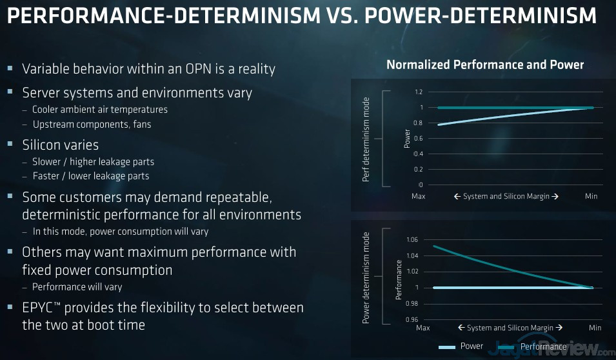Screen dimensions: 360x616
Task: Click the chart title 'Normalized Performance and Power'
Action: pos(484,65)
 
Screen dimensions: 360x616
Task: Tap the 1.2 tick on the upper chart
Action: pos(419,92)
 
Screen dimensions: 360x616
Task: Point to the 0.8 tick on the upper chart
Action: pos(419,123)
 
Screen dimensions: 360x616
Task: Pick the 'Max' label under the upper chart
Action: pos(419,196)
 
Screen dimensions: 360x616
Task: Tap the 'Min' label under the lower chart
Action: pos(595,328)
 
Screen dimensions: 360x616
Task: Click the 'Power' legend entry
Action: pos(472,346)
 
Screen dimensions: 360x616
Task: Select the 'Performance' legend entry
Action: pos(543,346)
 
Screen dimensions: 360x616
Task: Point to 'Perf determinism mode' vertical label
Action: pos(366,139)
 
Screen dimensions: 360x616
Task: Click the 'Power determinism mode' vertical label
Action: pos(366,277)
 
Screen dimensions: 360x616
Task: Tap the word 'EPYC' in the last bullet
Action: pos(42,307)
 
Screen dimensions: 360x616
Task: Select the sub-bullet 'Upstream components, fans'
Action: pos(91,124)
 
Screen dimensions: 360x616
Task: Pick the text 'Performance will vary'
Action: pos(77,286)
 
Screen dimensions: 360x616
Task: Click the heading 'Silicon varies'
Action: pos(60,145)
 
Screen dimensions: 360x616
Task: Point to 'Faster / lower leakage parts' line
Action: pos(90,176)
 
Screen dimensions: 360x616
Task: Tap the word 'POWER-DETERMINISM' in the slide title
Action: pos(481,16)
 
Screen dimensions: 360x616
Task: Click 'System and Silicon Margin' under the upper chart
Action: pos(505,196)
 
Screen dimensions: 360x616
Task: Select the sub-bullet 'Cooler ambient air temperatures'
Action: pos(99,110)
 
